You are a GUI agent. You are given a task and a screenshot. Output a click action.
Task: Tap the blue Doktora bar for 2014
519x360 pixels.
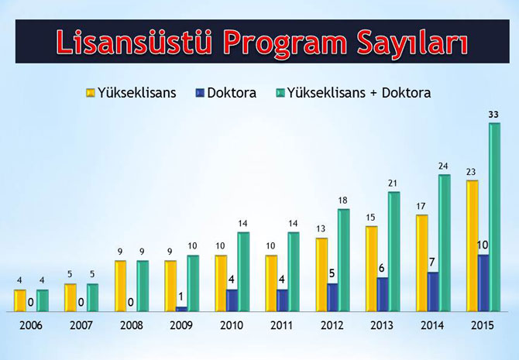tap(433, 292)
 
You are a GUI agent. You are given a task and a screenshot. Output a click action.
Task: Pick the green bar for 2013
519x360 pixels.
tap(394, 252)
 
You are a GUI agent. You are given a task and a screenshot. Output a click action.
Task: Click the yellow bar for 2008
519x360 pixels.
tap(120, 286)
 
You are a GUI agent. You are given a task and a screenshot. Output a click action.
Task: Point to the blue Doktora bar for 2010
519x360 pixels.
tap(232, 300)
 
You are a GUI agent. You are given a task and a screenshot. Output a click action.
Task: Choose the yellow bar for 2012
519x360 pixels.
tap(321, 274)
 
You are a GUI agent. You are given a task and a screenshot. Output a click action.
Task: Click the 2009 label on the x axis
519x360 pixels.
tap(182, 325)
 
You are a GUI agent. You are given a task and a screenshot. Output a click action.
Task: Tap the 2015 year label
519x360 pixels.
tap(483, 325)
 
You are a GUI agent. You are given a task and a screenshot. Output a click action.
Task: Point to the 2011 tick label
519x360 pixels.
tap(283, 325)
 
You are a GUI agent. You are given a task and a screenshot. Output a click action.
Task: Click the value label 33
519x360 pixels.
tap(493, 115)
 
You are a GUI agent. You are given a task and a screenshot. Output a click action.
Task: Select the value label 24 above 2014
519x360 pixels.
tap(444, 166)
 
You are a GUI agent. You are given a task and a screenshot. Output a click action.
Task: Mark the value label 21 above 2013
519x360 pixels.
tap(394, 183)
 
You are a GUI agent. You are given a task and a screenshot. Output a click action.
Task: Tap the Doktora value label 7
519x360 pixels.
tap(433, 262)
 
